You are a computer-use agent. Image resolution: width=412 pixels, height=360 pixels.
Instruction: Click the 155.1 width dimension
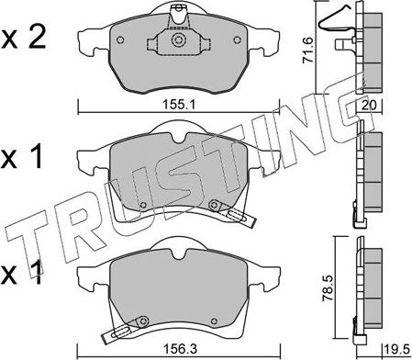pyautogui.click(x=172, y=102)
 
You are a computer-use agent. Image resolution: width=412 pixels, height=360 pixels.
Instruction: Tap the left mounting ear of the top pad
pyautogui.click(x=89, y=41)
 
